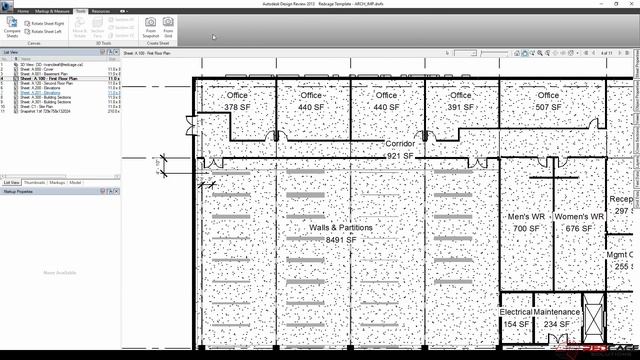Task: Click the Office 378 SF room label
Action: pos(237,101)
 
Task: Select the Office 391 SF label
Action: pos(460,101)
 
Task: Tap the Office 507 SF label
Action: pos(548,101)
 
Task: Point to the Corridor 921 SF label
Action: pos(399,150)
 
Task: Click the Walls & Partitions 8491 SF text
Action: pos(341,234)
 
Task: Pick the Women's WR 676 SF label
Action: pos(579,222)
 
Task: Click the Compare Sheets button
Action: pos(12,27)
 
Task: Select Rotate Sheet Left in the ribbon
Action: pos(51,31)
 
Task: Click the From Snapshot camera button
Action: pos(151,26)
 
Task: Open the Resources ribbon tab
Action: pos(101,11)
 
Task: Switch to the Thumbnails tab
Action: pos(34,183)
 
